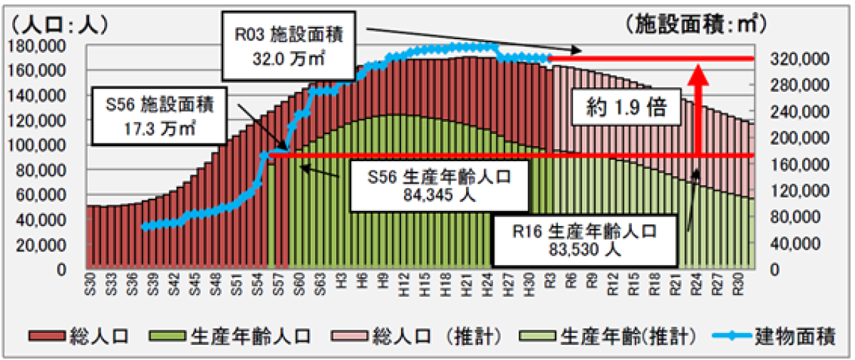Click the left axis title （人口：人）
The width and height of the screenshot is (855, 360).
click(58, 24)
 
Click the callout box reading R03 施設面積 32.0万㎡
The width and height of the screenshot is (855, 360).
click(289, 46)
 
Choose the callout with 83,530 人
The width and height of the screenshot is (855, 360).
click(583, 240)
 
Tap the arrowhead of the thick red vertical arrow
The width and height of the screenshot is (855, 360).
click(699, 73)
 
